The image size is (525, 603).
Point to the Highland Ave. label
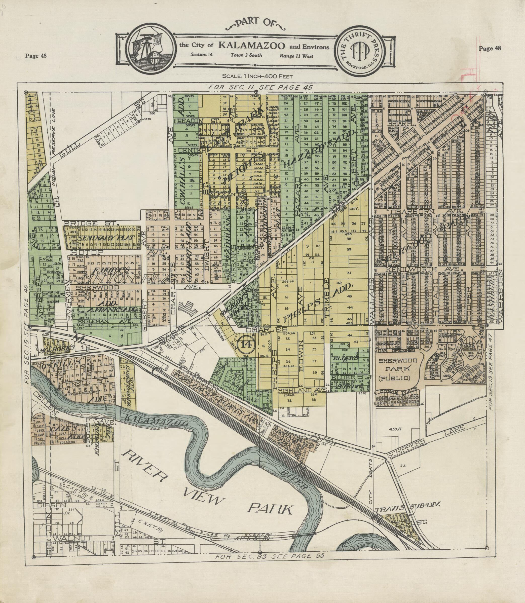pos(302,390)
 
